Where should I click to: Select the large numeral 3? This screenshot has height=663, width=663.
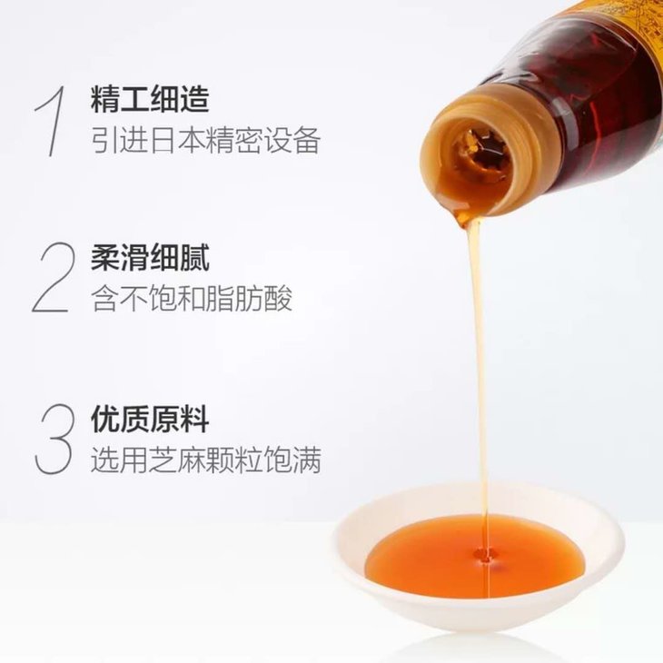54,439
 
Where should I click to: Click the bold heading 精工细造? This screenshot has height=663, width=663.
150,99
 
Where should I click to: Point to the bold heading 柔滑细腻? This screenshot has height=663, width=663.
150,258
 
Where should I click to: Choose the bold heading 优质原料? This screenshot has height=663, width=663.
150,419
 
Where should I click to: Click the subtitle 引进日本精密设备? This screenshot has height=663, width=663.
206,140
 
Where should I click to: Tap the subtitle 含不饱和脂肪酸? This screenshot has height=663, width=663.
192,299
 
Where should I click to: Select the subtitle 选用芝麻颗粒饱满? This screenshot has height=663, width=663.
206,460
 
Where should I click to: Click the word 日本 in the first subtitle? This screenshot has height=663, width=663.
177,140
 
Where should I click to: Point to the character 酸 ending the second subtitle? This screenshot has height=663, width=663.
278,299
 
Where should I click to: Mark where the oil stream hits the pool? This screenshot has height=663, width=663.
483,555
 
